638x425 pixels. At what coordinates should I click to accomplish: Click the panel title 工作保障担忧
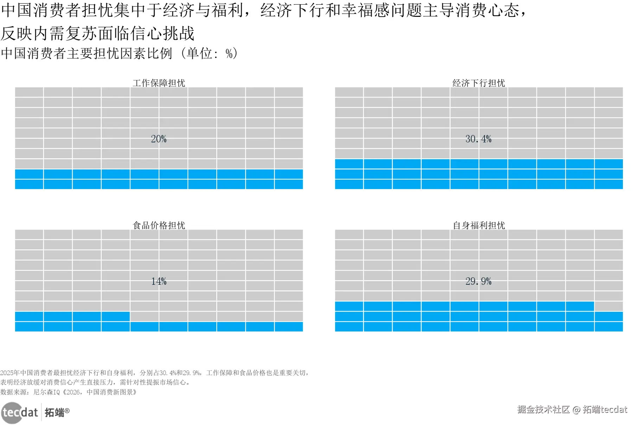[x=159, y=83]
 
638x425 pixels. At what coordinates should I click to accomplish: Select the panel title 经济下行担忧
[x=478, y=83]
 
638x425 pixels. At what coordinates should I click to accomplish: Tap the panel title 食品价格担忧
[x=159, y=225]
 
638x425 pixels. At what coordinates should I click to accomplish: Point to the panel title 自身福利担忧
[x=478, y=225]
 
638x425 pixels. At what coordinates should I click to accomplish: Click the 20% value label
[x=159, y=139]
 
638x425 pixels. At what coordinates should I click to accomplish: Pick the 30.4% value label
[x=478, y=139]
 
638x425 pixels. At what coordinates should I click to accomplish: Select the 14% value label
[x=159, y=281]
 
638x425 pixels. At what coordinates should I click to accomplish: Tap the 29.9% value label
[x=478, y=281]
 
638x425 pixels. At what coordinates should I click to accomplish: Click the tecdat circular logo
[x=13, y=412]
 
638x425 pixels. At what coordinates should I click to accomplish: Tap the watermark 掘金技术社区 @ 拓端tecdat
[x=572, y=410]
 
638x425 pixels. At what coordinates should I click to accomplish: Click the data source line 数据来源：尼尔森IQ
[x=68, y=392]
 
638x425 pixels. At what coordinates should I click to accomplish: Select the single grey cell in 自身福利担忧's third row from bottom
[x=608, y=306]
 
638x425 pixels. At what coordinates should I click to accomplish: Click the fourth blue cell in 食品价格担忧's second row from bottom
[x=116, y=316]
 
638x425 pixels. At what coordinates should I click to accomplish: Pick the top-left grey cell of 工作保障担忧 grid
[x=29, y=92]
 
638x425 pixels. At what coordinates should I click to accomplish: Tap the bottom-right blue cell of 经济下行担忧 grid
[x=608, y=184]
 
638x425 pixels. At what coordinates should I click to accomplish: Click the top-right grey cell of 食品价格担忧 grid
[x=289, y=234]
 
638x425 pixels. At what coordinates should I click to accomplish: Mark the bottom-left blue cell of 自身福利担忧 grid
[x=349, y=327]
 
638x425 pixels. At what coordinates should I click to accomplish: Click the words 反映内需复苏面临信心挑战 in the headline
[x=97, y=34]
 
